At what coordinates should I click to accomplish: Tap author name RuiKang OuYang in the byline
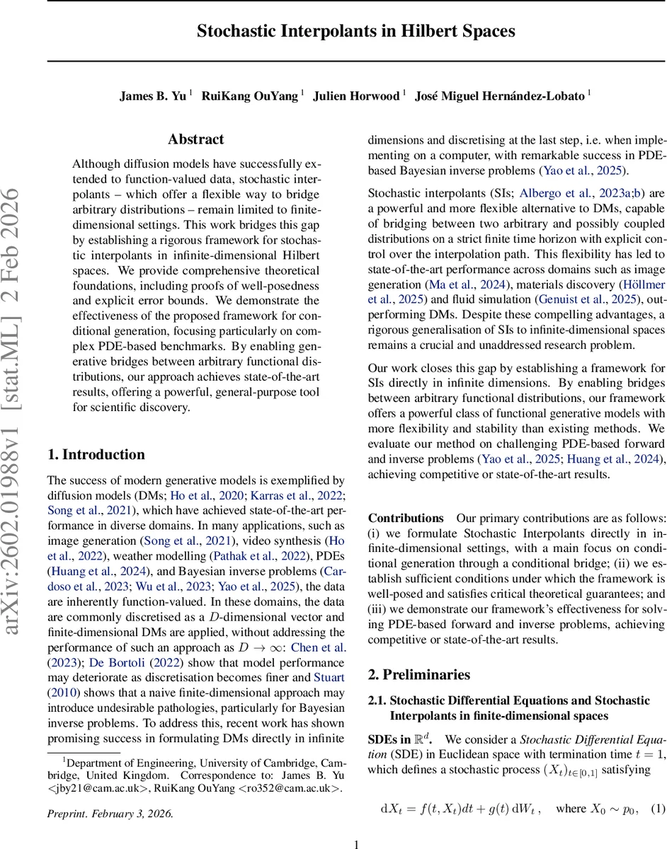250,96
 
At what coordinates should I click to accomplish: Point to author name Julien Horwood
357,96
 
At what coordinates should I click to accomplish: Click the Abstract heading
195,139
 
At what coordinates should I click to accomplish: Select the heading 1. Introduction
96,454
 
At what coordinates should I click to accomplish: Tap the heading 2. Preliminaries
418,674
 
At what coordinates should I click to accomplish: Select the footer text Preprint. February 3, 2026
110,813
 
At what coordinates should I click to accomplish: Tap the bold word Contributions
406,519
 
